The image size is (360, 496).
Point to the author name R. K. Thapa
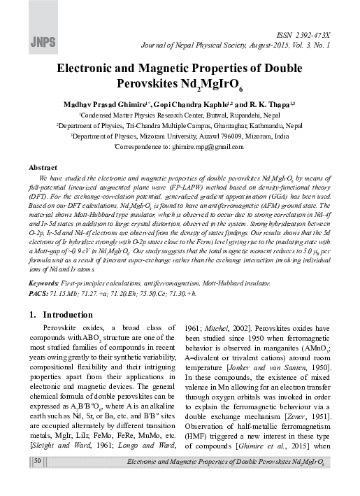(x=264, y=104)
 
